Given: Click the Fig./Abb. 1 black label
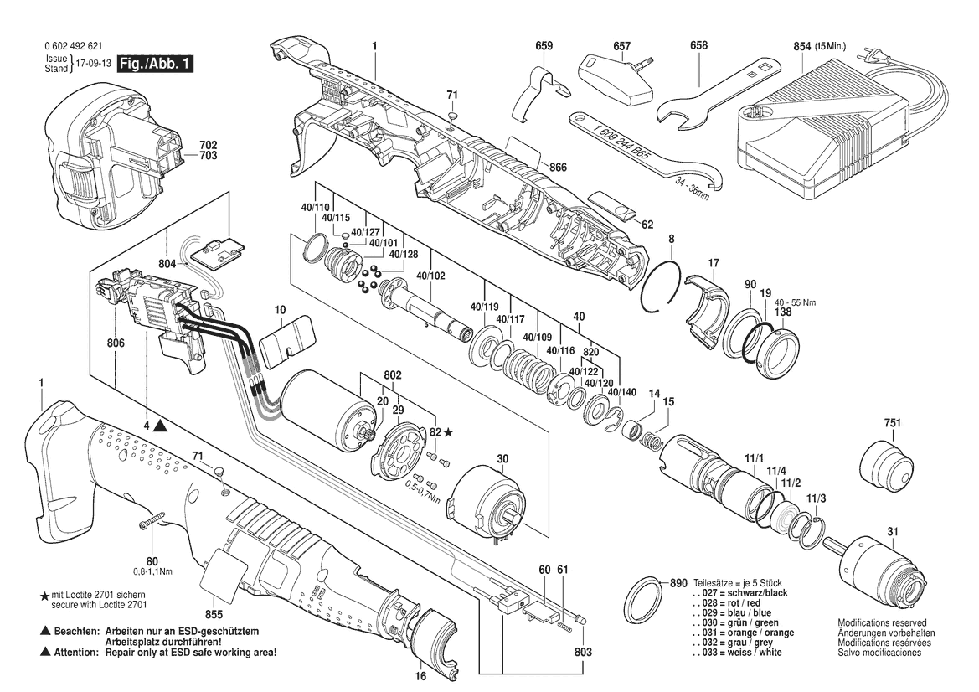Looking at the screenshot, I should click(x=155, y=64).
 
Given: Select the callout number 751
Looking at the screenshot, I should click(x=893, y=424).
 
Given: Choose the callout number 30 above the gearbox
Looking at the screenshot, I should click(x=502, y=458).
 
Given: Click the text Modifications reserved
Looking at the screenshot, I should click(x=882, y=623).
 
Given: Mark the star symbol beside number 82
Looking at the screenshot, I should click(x=448, y=431).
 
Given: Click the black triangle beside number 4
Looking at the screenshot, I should click(x=160, y=426).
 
